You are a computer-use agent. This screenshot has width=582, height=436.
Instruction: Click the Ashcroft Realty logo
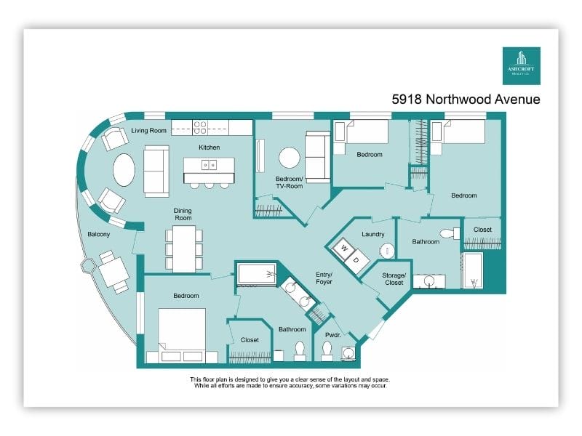[521, 65]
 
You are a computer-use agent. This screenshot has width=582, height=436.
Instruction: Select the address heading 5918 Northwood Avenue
[466, 99]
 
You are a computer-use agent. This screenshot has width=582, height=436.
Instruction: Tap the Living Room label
[148, 131]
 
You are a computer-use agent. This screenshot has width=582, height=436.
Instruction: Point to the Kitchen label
[210, 148]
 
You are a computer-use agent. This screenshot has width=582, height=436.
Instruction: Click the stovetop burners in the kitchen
[200, 128]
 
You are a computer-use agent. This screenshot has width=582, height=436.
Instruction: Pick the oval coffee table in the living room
[124, 170]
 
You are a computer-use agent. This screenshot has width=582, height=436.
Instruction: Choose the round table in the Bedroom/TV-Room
[290, 158]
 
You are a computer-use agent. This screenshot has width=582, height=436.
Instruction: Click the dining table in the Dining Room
[184, 249]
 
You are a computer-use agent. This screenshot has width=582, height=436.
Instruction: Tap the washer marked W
[343, 249]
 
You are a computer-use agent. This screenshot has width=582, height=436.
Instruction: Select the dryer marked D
[356, 261]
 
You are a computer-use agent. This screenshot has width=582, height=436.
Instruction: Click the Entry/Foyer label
[324, 278]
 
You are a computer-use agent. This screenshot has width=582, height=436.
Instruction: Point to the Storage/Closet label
[394, 279]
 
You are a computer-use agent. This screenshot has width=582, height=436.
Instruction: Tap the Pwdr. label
[333, 335]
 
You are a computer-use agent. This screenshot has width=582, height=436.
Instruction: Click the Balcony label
[99, 234]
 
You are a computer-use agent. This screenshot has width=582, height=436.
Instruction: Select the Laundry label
[373, 234]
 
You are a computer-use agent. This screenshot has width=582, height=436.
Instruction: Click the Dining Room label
[183, 214]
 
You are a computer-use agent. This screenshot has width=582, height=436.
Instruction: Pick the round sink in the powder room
[348, 352]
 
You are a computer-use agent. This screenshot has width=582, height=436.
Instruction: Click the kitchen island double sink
[209, 164]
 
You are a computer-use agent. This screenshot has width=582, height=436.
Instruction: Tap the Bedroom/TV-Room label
[289, 182]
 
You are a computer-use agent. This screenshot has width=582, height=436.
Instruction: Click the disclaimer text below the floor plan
[290, 383]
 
